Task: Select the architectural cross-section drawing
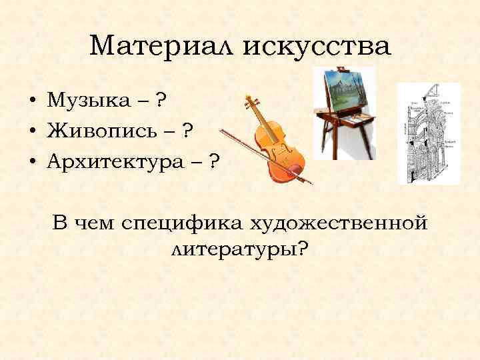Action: coord(428,133)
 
